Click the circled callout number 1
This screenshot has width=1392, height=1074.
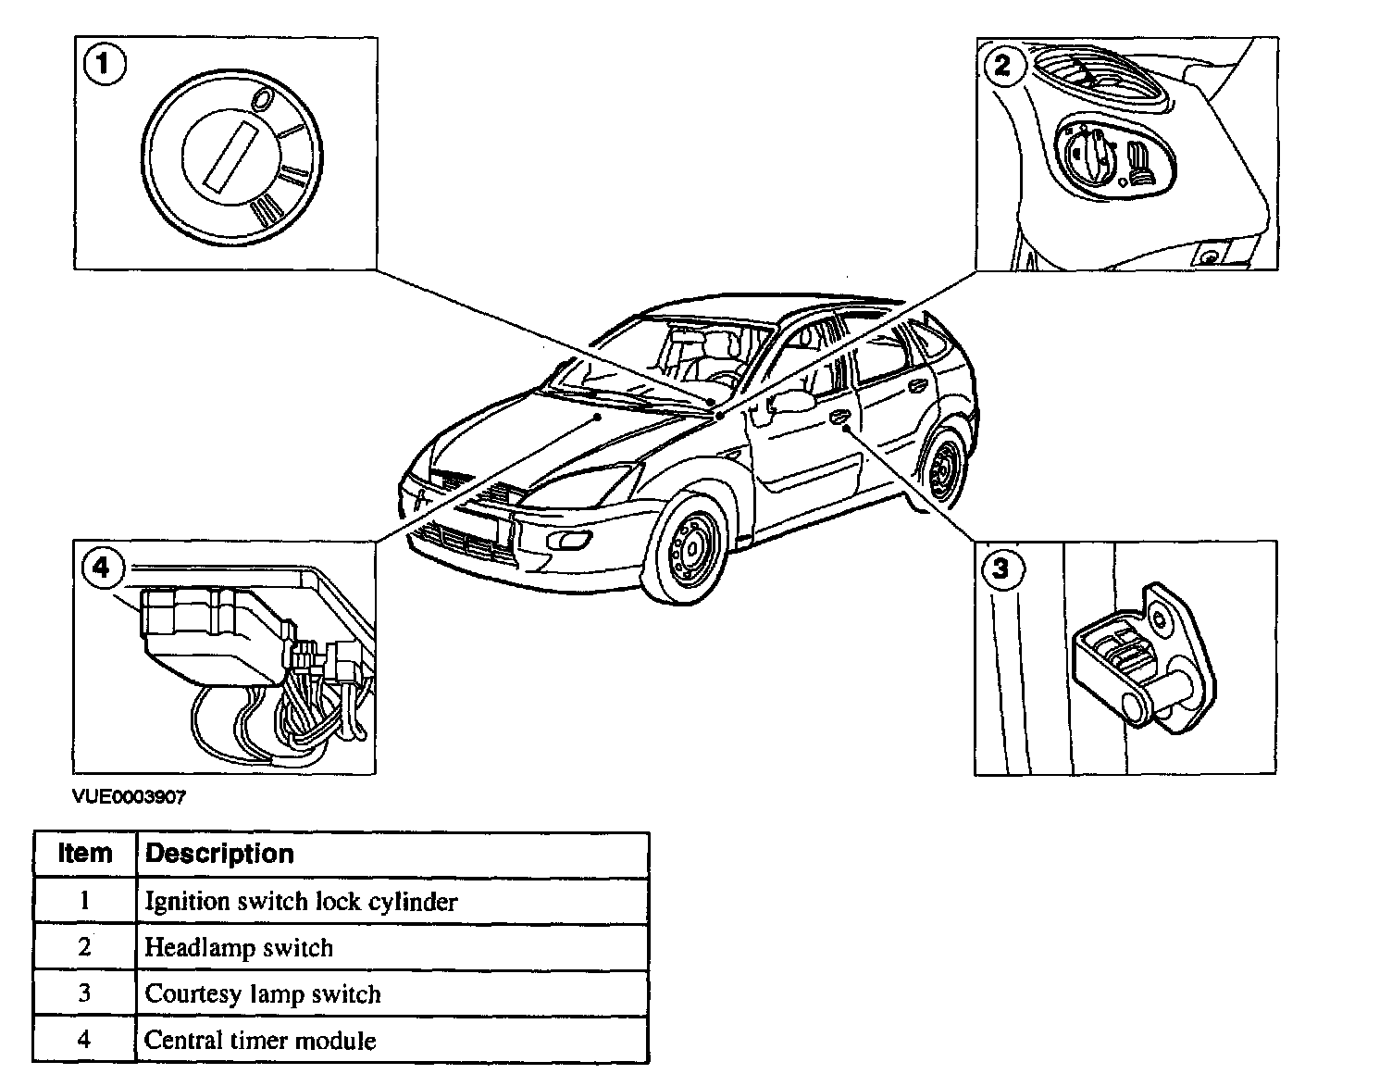pyautogui.click(x=105, y=66)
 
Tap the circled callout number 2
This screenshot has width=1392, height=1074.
pyautogui.click(x=1003, y=66)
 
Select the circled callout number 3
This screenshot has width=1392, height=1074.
pyautogui.click(x=1001, y=567)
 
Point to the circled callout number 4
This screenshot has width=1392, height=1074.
pyautogui.click(x=101, y=566)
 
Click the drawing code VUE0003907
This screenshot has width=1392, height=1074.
pyautogui.click(x=130, y=797)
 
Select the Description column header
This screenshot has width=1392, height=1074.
pyautogui.click(x=220, y=854)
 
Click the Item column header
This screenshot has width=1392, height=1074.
pyautogui.click(x=85, y=854)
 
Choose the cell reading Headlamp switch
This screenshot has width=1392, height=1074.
pyautogui.click(x=239, y=948)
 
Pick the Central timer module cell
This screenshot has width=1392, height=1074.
pyautogui.click(x=260, y=1041)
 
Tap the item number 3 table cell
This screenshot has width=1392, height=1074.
pyautogui.click(x=84, y=993)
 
